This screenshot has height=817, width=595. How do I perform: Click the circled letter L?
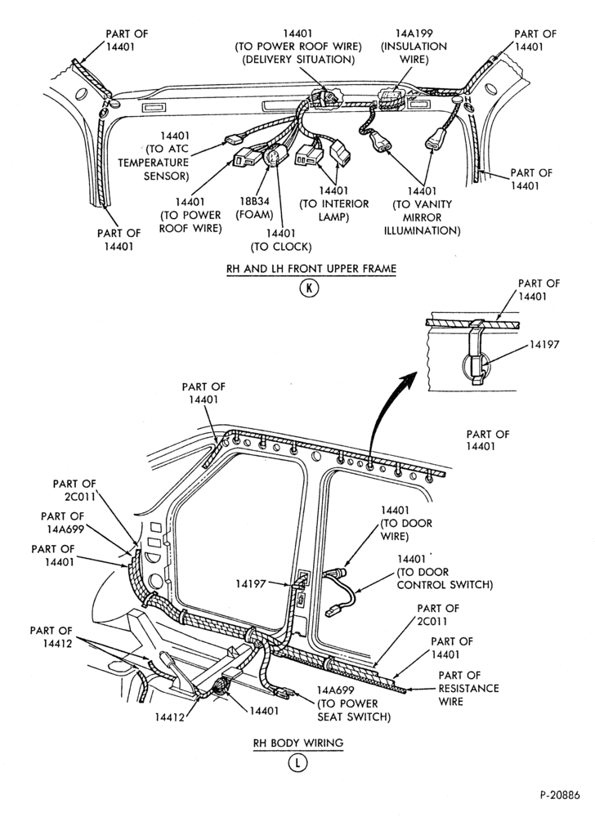[298, 763]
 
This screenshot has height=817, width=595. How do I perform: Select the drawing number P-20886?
[560, 795]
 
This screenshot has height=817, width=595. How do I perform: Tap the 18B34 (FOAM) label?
[254, 208]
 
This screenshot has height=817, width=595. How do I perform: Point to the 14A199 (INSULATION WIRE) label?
[414, 47]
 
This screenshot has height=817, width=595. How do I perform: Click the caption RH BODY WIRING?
[298, 743]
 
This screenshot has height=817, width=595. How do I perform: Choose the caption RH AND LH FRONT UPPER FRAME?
[311, 269]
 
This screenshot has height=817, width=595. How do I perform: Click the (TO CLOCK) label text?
[281, 247]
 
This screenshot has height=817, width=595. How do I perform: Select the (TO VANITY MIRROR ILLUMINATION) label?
[422, 217]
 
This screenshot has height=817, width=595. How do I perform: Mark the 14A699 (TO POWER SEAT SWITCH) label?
[354, 703]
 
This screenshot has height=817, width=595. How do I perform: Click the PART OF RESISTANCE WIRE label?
[468, 688]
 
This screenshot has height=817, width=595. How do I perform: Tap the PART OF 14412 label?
[51, 637]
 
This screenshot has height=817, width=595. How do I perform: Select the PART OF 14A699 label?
[62, 523]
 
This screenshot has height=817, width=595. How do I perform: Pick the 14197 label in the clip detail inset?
[544, 345]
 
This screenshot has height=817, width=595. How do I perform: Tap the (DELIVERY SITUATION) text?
[298, 60]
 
